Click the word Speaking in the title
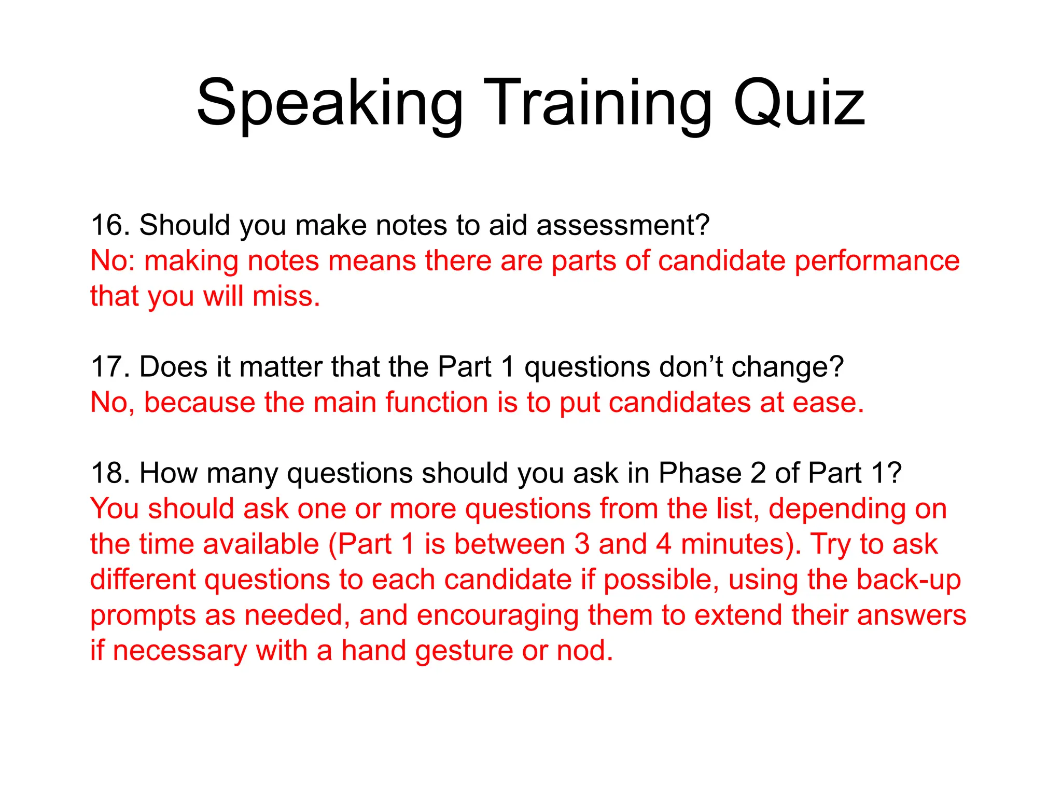coord(330,104)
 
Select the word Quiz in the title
coord(799,104)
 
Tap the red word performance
coord(877,260)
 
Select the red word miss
coord(286,296)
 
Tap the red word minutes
coord(740,544)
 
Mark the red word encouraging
coord(497,616)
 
